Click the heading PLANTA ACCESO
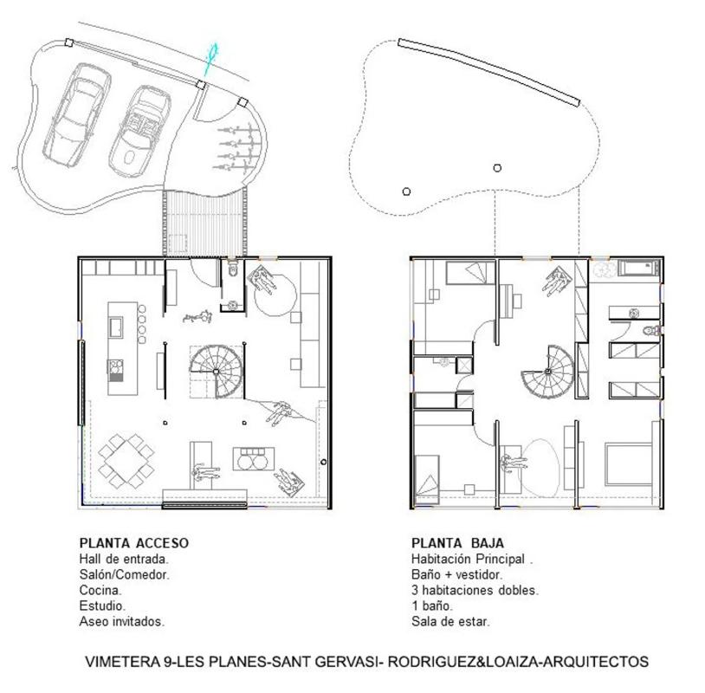point(134,543)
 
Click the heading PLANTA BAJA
point(457,543)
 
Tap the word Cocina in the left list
point(100,590)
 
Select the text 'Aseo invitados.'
point(122,621)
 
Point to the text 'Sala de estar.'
point(450,621)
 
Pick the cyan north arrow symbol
point(210,57)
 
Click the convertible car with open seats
point(139,131)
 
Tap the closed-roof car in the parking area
point(77,115)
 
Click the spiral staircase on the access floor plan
point(217,371)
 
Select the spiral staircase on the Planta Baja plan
point(548,372)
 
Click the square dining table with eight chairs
point(126,461)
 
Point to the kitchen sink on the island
point(115,327)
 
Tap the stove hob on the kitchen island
point(115,371)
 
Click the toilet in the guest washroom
point(232,269)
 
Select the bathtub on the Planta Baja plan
point(639,268)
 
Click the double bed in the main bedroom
point(629,464)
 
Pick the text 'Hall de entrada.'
point(124,559)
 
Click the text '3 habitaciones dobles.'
point(475,590)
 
